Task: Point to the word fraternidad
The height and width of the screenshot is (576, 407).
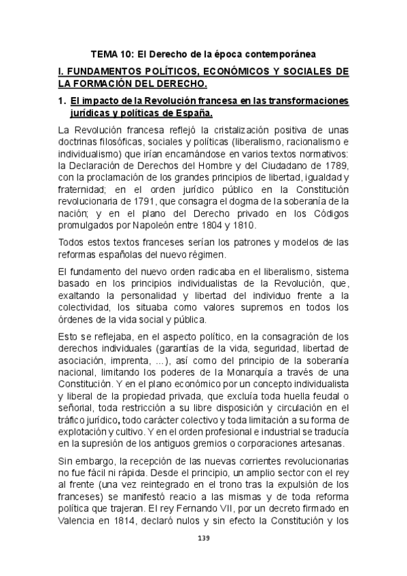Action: click(84, 190)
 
